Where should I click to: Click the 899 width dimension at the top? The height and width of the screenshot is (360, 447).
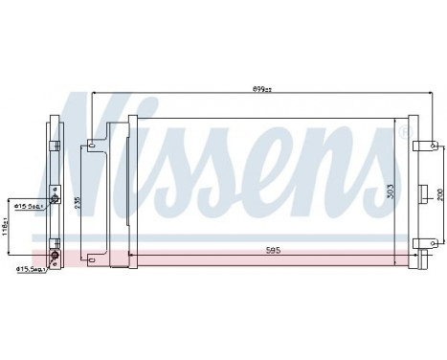click(260, 89)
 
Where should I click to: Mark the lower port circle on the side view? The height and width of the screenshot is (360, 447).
click(54, 257)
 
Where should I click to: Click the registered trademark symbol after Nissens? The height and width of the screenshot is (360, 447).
click(402, 127)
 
